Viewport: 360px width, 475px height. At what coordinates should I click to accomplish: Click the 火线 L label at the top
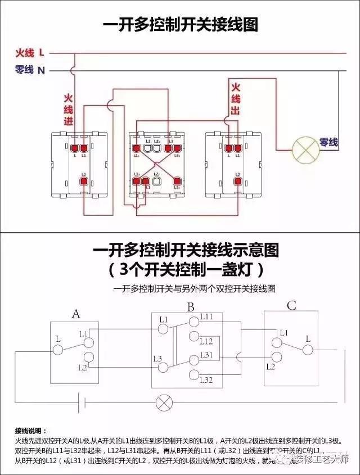click(30, 53)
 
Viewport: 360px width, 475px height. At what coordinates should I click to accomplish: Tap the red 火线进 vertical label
click(69, 110)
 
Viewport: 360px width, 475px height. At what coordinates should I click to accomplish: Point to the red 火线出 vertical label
click(235, 99)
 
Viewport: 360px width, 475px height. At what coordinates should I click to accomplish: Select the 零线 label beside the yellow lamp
click(328, 142)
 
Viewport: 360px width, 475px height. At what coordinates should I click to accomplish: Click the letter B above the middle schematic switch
click(191, 307)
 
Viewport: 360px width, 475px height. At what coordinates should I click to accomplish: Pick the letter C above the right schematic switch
click(291, 306)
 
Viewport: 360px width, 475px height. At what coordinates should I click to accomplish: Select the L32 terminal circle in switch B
click(195, 375)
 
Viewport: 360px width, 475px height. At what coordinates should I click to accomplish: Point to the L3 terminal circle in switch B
click(163, 368)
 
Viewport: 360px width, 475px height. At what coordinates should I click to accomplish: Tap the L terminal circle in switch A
click(58, 350)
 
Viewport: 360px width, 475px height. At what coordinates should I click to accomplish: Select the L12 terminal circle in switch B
click(195, 337)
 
